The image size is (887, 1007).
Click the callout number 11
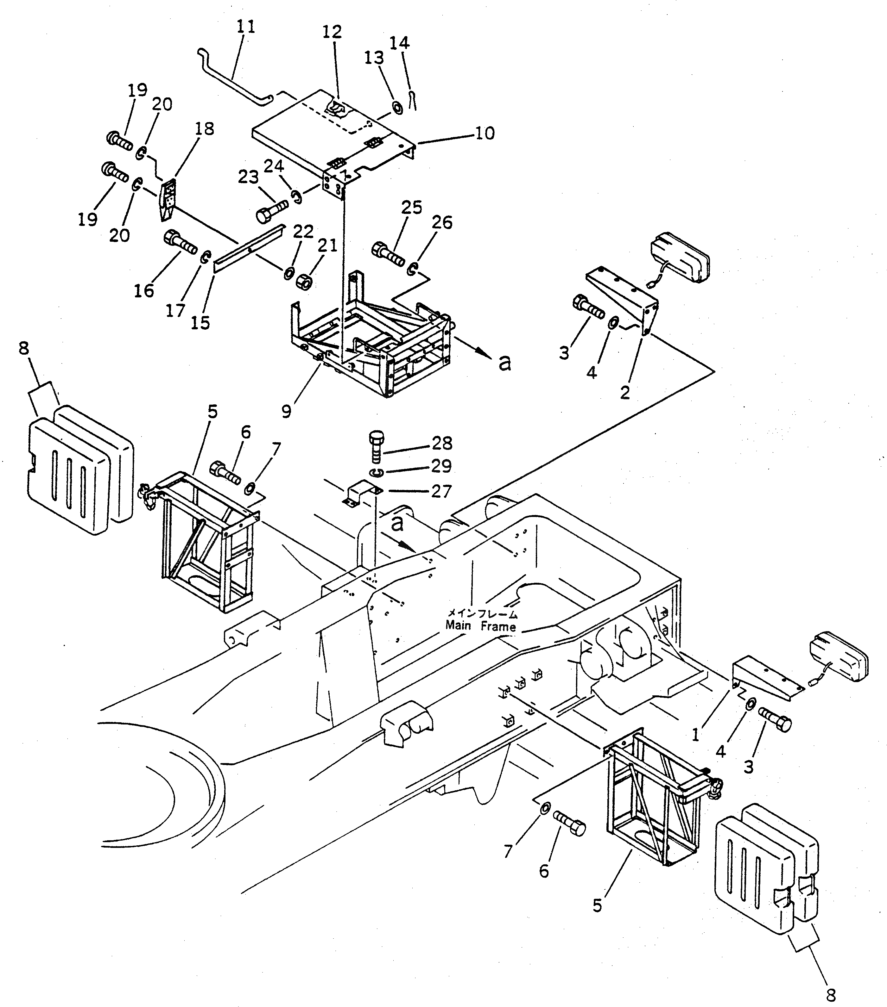(x=245, y=26)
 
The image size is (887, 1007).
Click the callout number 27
(x=441, y=491)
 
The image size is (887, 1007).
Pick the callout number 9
(x=287, y=411)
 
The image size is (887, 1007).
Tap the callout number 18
(x=204, y=128)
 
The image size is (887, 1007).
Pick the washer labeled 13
(x=396, y=107)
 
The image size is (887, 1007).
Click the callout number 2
(x=625, y=393)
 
